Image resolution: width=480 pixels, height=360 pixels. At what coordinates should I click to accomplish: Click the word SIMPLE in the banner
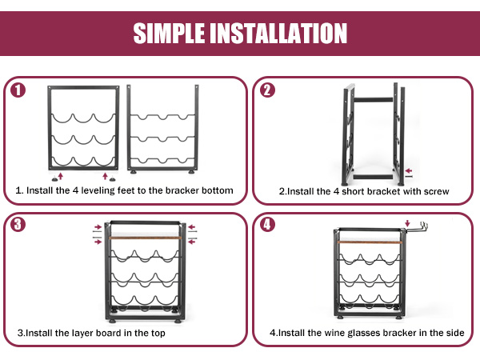pos(169,33)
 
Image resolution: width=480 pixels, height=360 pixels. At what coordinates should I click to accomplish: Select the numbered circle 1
pos(18,90)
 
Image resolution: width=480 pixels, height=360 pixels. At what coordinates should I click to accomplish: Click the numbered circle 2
pos(267,90)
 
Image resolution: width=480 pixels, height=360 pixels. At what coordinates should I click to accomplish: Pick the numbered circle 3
pos(18,224)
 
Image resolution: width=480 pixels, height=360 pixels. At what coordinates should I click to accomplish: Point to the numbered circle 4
pos(267,224)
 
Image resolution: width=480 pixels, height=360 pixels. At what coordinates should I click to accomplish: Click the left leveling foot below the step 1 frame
pos(54,178)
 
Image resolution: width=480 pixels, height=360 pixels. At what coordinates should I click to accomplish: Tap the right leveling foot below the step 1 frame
pos(112,178)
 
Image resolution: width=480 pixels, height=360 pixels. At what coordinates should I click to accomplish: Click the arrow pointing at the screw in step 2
pos(409,171)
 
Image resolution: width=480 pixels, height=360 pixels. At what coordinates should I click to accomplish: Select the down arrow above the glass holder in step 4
pos(407,223)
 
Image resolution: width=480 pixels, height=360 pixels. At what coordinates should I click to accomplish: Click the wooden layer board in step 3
pos(146,238)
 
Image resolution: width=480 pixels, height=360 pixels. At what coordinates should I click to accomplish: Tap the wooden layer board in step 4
pos(370,242)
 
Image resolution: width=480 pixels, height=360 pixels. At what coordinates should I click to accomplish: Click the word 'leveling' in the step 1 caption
pos(98,190)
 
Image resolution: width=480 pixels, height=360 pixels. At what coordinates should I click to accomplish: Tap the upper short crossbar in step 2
pos(373,100)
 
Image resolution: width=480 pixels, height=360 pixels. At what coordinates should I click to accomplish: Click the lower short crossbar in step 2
pos(373,177)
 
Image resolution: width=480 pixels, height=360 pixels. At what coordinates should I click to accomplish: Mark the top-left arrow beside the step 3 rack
pos(98,227)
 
